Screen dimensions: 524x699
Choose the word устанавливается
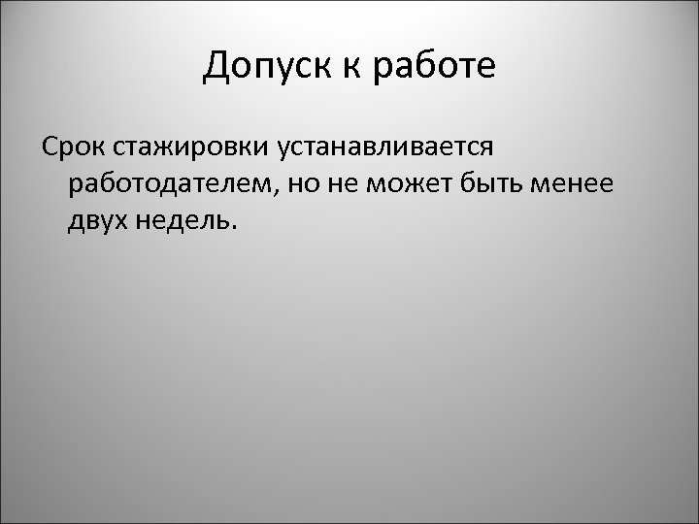[x=385, y=147]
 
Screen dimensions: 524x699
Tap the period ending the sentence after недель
[x=232, y=229]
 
